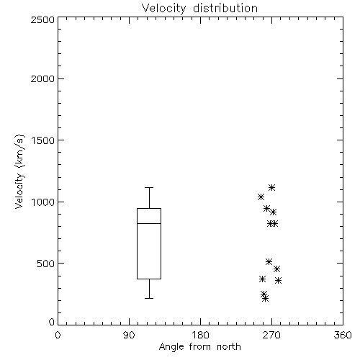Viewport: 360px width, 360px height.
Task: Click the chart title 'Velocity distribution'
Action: coord(199,9)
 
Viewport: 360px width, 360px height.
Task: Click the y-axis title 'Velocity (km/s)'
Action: coord(19,171)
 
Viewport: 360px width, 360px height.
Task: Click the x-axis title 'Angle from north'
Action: coord(199,347)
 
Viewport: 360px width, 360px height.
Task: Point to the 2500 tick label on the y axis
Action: coord(42,19)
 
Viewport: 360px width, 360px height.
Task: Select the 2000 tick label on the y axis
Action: coord(42,78)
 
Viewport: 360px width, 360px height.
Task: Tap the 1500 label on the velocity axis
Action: coord(43,140)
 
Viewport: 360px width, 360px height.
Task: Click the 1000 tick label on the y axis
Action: coord(43,202)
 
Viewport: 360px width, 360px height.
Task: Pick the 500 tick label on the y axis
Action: coord(46,264)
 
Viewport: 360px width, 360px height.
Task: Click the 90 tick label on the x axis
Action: coord(129,335)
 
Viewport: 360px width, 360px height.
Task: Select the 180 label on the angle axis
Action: coord(200,335)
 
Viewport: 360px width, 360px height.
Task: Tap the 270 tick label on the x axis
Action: coord(271,335)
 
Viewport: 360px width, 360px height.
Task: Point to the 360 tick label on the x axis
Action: coord(343,335)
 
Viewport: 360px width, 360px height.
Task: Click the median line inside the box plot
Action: coord(149,223)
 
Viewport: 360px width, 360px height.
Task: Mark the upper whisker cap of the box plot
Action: coord(149,187)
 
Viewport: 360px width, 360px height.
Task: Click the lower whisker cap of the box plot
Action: coord(149,298)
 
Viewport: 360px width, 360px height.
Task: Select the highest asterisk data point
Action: coord(271,187)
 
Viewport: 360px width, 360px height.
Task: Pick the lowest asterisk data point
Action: coord(265,299)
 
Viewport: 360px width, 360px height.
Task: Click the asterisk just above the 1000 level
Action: coord(261,197)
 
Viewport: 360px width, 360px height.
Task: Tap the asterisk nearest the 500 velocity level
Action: coord(269,261)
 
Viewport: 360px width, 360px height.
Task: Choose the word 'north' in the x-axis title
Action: coord(229,347)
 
